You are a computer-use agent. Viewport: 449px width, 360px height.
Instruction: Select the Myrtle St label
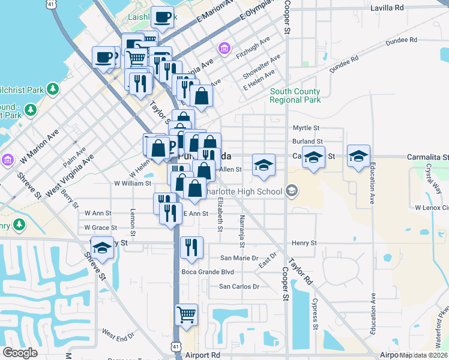(x=306, y=128)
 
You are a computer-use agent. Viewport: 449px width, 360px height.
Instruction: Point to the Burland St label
(x=307, y=142)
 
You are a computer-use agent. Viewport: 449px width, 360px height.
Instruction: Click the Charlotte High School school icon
(x=292, y=191)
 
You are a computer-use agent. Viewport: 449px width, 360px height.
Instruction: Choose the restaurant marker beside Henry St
(x=191, y=247)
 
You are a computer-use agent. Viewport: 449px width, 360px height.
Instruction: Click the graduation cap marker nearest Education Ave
(x=358, y=157)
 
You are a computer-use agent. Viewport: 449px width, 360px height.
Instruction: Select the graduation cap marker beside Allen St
(x=263, y=164)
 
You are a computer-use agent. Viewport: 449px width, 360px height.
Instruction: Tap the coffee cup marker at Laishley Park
(x=162, y=17)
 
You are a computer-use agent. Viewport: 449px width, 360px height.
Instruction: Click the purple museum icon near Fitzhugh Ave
(x=224, y=48)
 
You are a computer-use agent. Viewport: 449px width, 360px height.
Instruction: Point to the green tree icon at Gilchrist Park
(x=53, y=89)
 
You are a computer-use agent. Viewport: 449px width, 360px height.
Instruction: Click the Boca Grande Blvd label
(x=207, y=271)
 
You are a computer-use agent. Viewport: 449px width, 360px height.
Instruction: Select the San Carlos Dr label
(x=239, y=286)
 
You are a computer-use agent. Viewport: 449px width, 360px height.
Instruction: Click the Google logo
(x=20, y=353)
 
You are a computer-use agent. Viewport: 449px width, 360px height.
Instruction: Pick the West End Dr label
(x=118, y=335)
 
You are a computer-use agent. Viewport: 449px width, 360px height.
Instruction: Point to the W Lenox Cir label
(x=432, y=207)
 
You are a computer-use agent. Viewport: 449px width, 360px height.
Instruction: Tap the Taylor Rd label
(x=301, y=272)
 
